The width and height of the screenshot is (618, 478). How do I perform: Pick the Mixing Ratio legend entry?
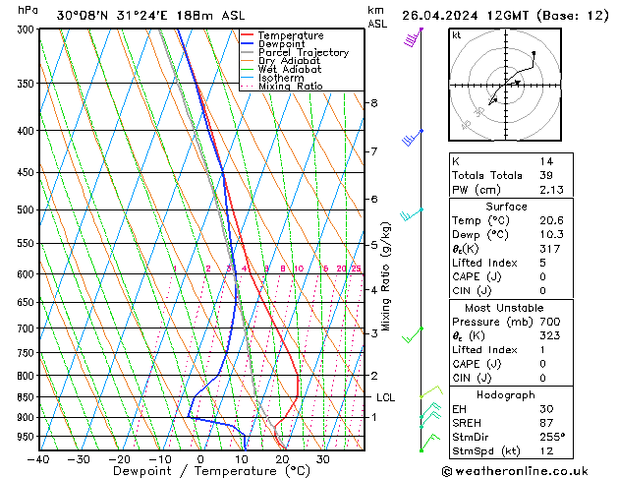[290, 87]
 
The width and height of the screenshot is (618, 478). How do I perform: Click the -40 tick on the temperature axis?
[39, 458]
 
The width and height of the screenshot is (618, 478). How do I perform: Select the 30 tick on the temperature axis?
[323, 458]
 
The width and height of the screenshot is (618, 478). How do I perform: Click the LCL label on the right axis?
[385, 397]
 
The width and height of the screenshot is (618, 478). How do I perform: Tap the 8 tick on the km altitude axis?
[374, 103]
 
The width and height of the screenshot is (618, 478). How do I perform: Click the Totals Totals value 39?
[545, 175]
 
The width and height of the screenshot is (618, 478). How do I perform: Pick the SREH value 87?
[545, 422]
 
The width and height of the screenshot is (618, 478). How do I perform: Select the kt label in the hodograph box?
[457, 35]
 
